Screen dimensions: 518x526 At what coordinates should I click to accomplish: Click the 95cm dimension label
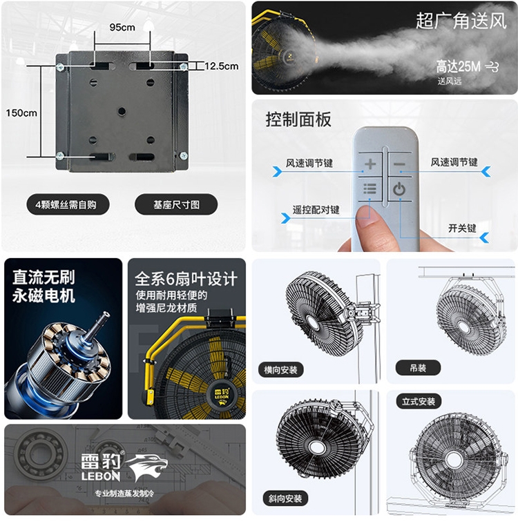point(122,27)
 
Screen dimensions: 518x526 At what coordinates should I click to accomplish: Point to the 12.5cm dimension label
point(222,66)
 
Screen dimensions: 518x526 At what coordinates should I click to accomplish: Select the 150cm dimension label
point(21,113)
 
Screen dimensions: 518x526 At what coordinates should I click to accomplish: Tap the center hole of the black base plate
point(122,111)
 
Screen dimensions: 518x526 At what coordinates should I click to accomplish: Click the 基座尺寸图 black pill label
point(176,204)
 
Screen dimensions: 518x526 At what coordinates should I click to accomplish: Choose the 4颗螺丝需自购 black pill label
point(68,204)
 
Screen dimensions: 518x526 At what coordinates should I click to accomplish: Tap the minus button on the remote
point(399,164)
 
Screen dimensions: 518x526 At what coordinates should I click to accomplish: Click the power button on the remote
point(399,189)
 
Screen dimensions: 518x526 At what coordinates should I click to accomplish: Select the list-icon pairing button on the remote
point(370,189)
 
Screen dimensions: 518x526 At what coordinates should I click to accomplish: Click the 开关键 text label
point(462,228)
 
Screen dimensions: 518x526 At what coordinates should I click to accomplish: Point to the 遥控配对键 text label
point(316,210)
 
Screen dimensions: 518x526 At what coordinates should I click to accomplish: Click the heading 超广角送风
point(461,21)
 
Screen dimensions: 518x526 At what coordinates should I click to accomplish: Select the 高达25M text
point(458,66)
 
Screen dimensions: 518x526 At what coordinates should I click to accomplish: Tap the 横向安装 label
point(280,370)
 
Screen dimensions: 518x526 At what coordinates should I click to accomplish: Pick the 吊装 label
point(418,368)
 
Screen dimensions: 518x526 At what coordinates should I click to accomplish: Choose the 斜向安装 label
point(285,498)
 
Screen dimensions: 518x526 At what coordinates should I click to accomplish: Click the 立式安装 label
point(419,401)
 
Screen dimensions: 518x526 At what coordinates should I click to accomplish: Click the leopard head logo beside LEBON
point(147,467)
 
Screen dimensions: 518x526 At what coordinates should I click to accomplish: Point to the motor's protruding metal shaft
point(97,326)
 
